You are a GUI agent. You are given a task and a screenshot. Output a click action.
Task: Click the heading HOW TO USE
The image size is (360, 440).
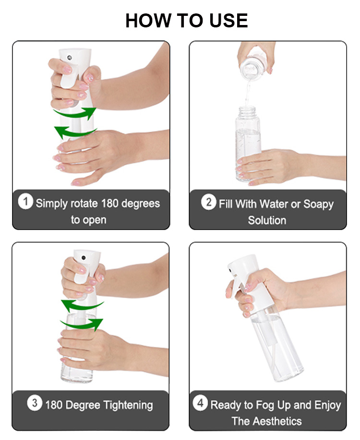pyautogui.click(x=186, y=21)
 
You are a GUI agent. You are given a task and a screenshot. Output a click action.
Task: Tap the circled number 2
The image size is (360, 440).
pyautogui.click(x=209, y=202)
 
